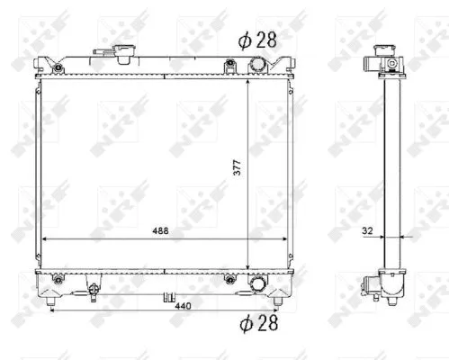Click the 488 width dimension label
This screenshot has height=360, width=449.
pos(160,230)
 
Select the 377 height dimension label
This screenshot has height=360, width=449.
pos(237,167)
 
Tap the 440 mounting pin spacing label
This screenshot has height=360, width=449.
pos(183,306)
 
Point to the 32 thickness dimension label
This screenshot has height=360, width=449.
pos(367,230)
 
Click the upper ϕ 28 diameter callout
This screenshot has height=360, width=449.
pos(257,40)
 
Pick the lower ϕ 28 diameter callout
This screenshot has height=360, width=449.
pos(258,323)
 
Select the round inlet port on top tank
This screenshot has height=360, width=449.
pos(258,65)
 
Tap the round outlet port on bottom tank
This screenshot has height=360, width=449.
pos(258,283)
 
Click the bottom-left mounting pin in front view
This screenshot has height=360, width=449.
pos(51,301)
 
